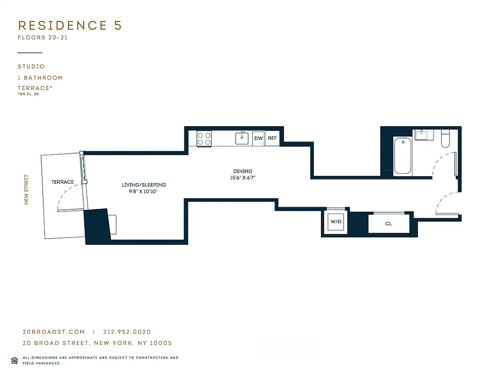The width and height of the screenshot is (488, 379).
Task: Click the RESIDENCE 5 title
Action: coord(70,26)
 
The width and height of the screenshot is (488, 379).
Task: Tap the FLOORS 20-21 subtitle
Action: coord(43,38)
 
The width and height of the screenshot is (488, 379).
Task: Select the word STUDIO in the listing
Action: coord(31,67)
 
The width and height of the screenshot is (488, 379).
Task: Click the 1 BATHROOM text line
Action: coord(40,78)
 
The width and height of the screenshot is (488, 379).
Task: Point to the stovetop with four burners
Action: coord(204,138)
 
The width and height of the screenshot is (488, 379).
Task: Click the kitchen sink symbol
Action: coord(242,138)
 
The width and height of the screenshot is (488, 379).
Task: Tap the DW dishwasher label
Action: coord(258,138)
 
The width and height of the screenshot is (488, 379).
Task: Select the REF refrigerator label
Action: coord(272,138)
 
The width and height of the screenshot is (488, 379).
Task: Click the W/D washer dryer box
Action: coord(336,222)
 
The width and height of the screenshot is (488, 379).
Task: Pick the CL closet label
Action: coord(388,224)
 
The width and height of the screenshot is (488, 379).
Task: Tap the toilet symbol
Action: coord(445,137)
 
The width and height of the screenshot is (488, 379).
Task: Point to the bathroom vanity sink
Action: coord(421,135)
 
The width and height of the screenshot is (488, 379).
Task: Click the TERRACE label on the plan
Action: coord(62,182)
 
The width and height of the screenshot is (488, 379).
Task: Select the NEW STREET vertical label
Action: coord(27,189)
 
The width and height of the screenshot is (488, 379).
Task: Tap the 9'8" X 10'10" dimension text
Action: coord(143,191)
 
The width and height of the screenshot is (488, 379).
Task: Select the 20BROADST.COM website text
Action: coord(54,332)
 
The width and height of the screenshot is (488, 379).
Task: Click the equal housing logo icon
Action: coord(14,360)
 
